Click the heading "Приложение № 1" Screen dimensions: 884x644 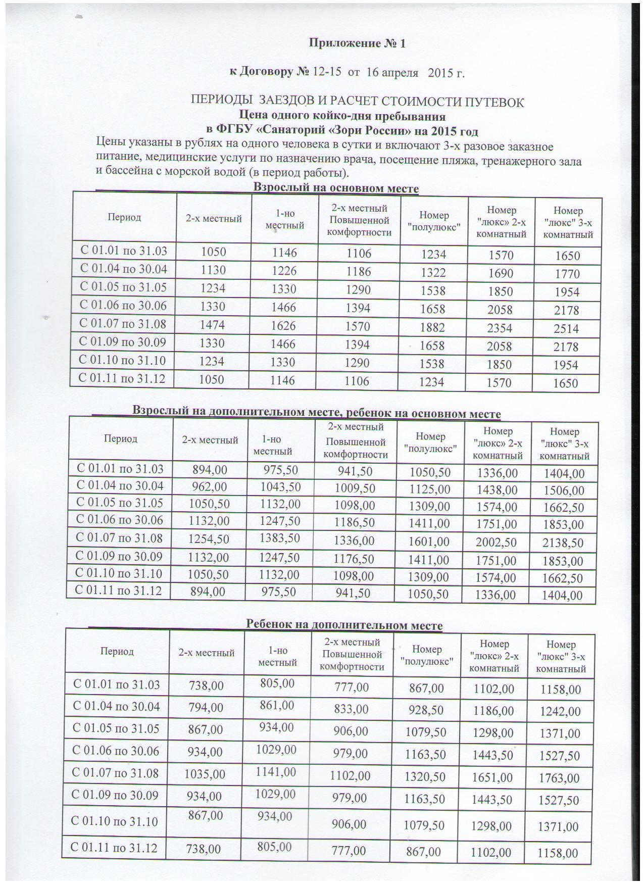(357, 43)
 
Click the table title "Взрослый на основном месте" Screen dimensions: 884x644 (335, 188)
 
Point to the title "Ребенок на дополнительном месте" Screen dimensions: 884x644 (343, 625)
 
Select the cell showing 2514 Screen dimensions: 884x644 (566, 329)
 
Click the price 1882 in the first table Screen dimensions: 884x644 (432, 327)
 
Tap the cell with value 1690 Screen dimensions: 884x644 (500, 274)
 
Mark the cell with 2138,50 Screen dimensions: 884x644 (563, 543)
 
